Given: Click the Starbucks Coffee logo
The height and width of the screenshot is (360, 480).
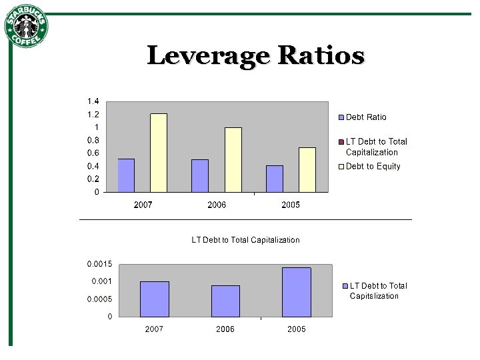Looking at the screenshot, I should pyautogui.click(x=27, y=26).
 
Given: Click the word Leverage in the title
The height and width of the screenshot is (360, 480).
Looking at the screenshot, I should pyautogui.click(x=204, y=55).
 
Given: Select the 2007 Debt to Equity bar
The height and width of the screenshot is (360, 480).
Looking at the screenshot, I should pyautogui.click(x=159, y=153).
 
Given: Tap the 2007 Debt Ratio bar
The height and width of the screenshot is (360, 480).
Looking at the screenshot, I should pyautogui.click(x=126, y=175).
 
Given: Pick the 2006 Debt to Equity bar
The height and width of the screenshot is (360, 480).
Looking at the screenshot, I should pyautogui.click(x=233, y=160).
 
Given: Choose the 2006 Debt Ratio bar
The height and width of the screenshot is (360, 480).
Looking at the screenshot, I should pyautogui.click(x=200, y=175).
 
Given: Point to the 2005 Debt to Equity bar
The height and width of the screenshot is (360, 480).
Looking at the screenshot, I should pyautogui.click(x=307, y=170).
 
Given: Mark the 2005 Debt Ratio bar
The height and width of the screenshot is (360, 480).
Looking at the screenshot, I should pyautogui.click(x=275, y=179).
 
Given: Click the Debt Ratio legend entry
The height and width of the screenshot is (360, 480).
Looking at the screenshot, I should pyautogui.click(x=365, y=117).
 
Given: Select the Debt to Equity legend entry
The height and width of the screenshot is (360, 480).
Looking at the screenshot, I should pyautogui.click(x=373, y=166).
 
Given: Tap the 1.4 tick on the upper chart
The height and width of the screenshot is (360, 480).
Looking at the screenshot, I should pyautogui.click(x=93, y=101).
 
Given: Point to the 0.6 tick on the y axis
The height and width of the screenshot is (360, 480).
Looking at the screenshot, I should pyautogui.click(x=93, y=153).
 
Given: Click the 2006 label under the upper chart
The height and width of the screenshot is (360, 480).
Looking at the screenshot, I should pyautogui.click(x=217, y=205).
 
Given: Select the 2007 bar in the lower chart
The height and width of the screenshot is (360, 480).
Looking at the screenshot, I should pyautogui.click(x=155, y=299).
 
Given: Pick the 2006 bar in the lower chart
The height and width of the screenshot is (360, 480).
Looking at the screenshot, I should pyautogui.click(x=225, y=301).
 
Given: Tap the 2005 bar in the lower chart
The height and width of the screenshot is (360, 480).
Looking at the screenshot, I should pyautogui.click(x=296, y=292).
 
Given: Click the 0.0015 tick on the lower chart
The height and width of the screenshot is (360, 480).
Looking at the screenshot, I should pyautogui.click(x=99, y=264).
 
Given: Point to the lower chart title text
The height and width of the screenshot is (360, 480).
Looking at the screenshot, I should pyautogui.click(x=245, y=240).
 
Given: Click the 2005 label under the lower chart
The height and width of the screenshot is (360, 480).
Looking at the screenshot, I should pyautogui.click(x=297, y=329).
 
